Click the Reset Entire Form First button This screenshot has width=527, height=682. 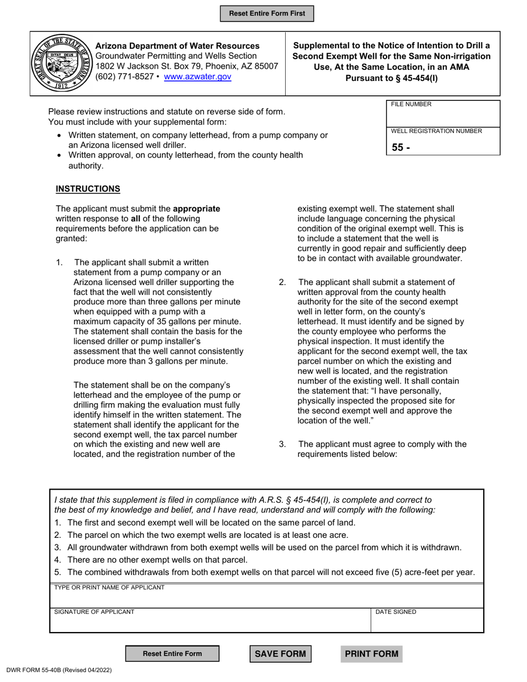(x=267, y=13)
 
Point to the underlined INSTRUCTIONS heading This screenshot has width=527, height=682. (x=88, y=189)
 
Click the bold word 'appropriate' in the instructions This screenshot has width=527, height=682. (x=196, y=209)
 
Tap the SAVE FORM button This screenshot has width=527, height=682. (x=280, y=654)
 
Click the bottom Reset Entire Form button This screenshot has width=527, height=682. (x=173, y=654)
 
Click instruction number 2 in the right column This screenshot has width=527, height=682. (x=282, y=282)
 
